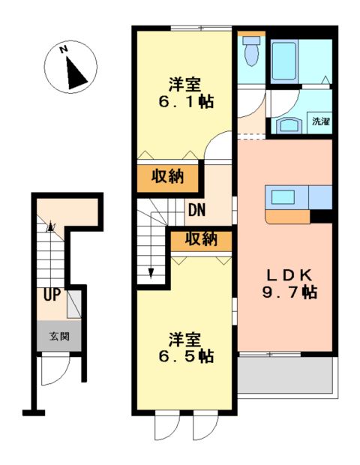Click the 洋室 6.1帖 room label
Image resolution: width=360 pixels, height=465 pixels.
185,92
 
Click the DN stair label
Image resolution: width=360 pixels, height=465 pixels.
197,211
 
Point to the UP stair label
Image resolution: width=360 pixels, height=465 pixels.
51,295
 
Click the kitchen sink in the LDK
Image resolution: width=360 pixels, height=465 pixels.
283,197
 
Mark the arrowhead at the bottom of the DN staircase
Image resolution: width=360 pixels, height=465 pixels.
151,272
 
